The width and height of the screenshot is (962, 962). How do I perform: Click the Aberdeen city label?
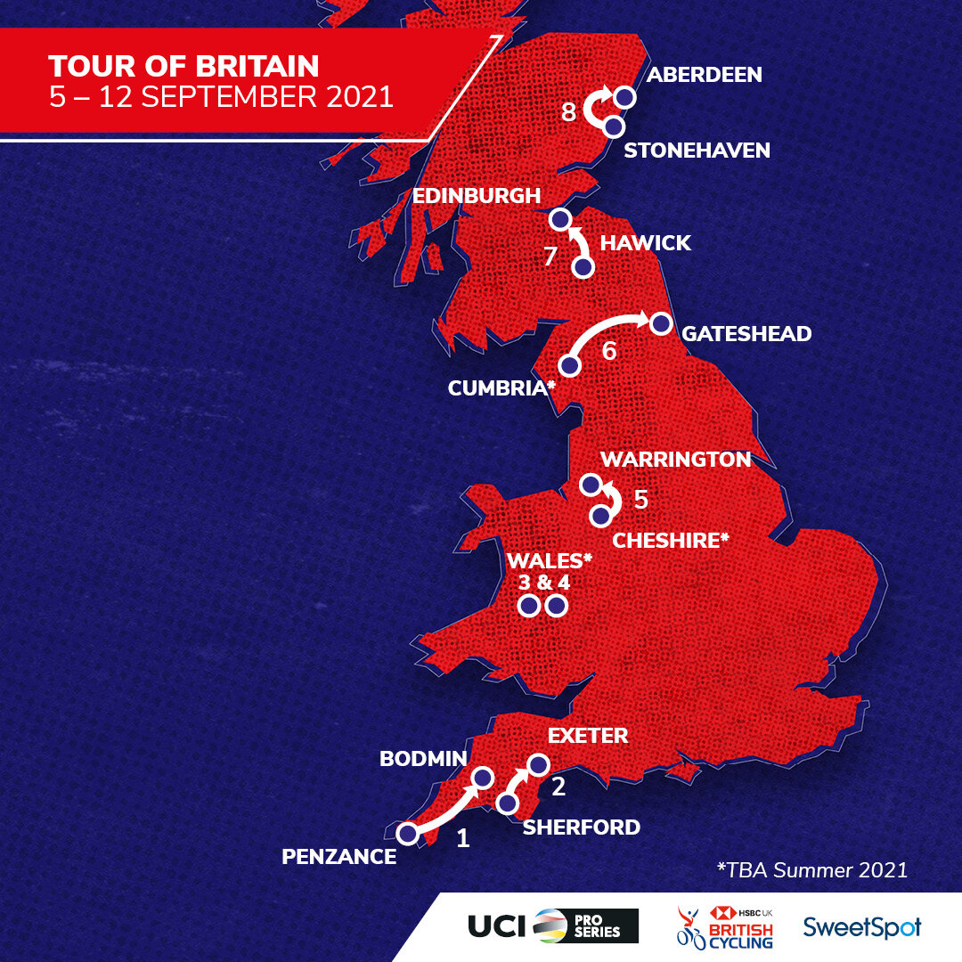[704, 74]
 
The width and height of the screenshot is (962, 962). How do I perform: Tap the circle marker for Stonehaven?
[613, 126]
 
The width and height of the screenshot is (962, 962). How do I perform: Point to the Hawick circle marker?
[583, 267]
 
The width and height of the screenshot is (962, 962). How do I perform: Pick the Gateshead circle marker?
[660, 324]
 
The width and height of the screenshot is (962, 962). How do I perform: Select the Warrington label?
[676, 460]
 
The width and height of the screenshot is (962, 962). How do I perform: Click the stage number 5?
[640, 499]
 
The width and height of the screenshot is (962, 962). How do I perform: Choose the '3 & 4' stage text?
[543, 583]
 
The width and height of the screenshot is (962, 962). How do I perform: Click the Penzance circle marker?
[408, 834]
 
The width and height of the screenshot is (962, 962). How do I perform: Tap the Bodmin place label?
[423, 758]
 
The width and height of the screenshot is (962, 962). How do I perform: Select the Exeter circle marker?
[538, 765]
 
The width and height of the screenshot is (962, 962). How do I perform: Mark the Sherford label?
[581, 827]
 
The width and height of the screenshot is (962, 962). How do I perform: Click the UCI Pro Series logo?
[553, 925]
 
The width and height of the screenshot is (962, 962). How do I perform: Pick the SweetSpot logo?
[861, 926]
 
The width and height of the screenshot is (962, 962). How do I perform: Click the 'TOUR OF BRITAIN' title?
[183, 67]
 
